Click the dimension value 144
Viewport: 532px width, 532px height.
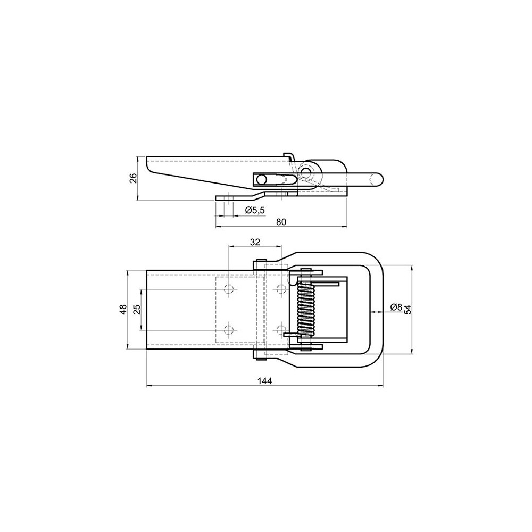click(264, 381)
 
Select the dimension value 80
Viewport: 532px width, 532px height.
click(281, 222)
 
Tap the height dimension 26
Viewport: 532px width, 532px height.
click(134, 178)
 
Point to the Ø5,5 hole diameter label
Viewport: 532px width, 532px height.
click(254, 210)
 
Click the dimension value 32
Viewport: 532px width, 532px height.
click(255, 242)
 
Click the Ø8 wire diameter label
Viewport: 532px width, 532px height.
click(396, 307)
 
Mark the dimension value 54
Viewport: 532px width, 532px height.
click(408, 310)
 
